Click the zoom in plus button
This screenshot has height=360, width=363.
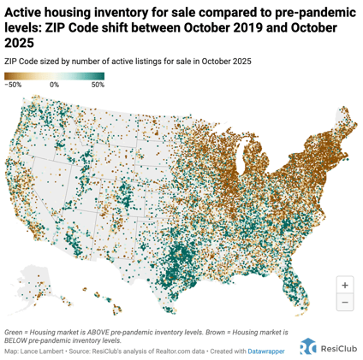[x=344, y=285]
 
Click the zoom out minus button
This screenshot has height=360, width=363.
[x=344, y=303]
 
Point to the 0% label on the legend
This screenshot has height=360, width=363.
[x=54, y=86]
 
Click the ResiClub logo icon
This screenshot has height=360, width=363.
[x=307, y=345]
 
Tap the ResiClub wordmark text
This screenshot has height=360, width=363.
[x=338, y=346]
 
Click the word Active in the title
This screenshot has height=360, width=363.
[x=26, y=11]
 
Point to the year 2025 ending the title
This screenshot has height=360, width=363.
[x=23, y=42]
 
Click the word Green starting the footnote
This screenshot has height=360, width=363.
[x=15, y=330]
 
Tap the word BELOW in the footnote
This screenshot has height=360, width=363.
[x=21, y=339]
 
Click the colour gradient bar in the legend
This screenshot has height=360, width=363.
[x=54, y=76]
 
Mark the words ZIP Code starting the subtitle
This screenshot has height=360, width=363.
[x=21, y=61]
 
